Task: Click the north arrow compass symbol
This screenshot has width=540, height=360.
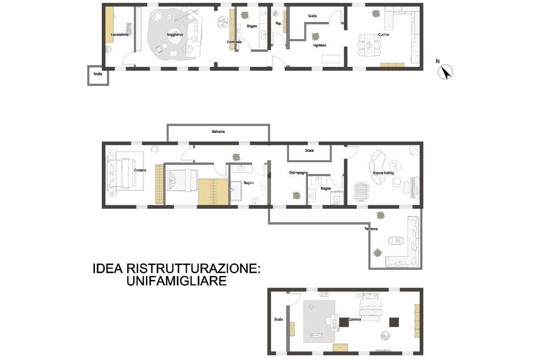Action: [445, 72]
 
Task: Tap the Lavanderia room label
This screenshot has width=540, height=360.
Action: [120, 35]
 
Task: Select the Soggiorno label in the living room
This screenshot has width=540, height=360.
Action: [175, 35]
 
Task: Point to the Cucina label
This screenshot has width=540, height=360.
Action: [383, 35]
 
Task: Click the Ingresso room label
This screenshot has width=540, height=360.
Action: [319, 45]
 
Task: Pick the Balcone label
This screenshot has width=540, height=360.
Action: [218, 131]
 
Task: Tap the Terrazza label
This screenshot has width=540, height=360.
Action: [371, 229]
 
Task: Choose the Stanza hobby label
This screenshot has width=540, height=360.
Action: [383, 173]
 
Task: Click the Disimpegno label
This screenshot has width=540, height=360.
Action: [298, 173]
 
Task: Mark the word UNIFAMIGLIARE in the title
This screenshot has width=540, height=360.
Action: [176, 280]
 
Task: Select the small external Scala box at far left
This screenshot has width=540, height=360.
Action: [98, 75]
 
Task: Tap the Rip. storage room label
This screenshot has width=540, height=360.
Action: [278, 23]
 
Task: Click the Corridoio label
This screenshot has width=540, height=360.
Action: [234, 42]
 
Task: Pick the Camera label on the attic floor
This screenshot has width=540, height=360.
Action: [354, 319]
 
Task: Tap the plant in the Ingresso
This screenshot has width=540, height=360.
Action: [315, 36]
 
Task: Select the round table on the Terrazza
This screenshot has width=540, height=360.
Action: [396, 240]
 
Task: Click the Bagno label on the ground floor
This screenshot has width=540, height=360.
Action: [252, 26]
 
